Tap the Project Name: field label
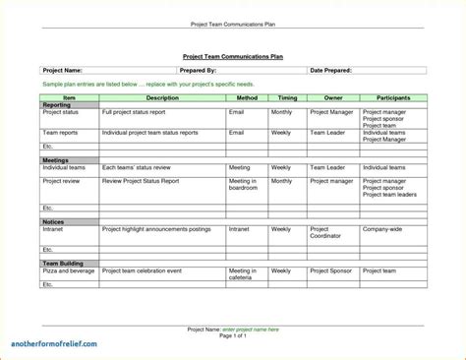[x=61, y=71]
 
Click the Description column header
[x=162, y=98]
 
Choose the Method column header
[x=247, y=98]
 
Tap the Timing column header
[x=287, y=98]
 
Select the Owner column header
[x=332, y=98]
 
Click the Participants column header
[x=392, y=98]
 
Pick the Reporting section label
[x=56, y=105]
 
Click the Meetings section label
[x=55, y=160]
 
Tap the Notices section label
[x=53, y=221]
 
